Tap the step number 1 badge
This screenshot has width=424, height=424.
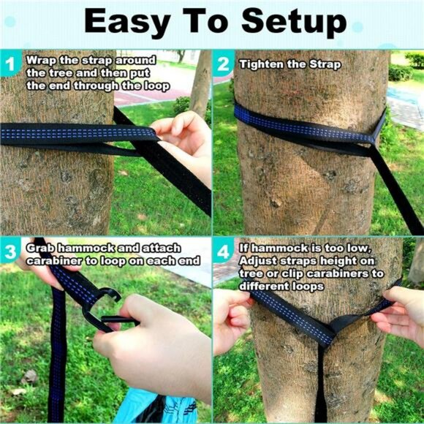click(10, 64)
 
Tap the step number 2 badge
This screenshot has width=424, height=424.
click(223, 64)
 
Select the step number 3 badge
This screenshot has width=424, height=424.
click(10, 253)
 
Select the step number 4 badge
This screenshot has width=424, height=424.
click(223, 253)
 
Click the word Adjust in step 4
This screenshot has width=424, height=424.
click(259, 261)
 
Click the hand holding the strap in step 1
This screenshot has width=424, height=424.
click(183, 135)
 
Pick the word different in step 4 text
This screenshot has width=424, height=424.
click(266, 287)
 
